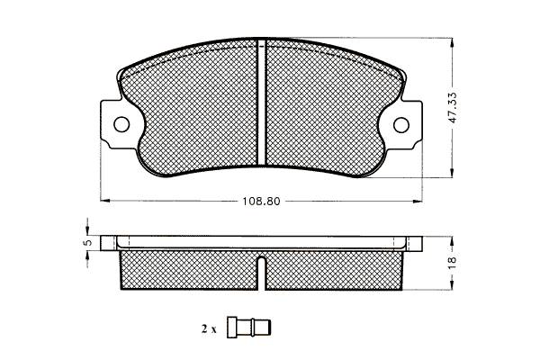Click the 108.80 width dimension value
pyautogui.click(x=261, y=202)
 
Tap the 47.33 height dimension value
pyautogui.click(x=453, y=107)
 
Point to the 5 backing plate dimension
pyautogui.click(x=88, y=242)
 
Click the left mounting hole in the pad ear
pyautogui.click(x=121, y=124)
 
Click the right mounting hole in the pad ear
pyautogui.click(x=401, y=125)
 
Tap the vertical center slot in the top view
pyautogui.click(x=262, y=103)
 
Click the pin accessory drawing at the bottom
pyautogui.click(x=249, y=327)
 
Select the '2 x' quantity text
pyautogui.click(x=209, y=329)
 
